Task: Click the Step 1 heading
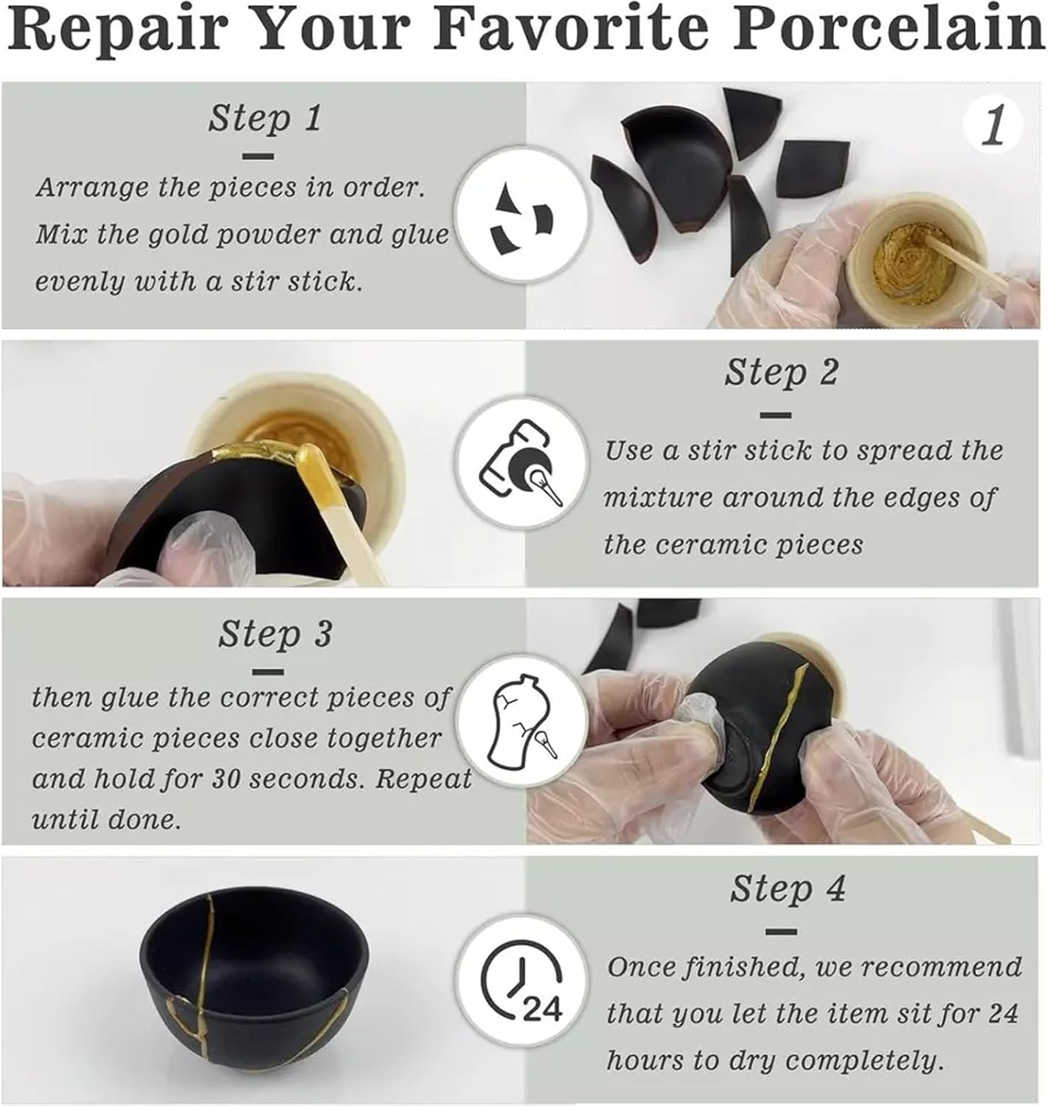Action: [x=265, y=118]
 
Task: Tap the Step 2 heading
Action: [x=781, y=372]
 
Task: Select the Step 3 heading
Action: [x=274, y=634]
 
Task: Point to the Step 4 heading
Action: [x=787, y=889]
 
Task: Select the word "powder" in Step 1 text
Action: [x=269, y=235]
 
